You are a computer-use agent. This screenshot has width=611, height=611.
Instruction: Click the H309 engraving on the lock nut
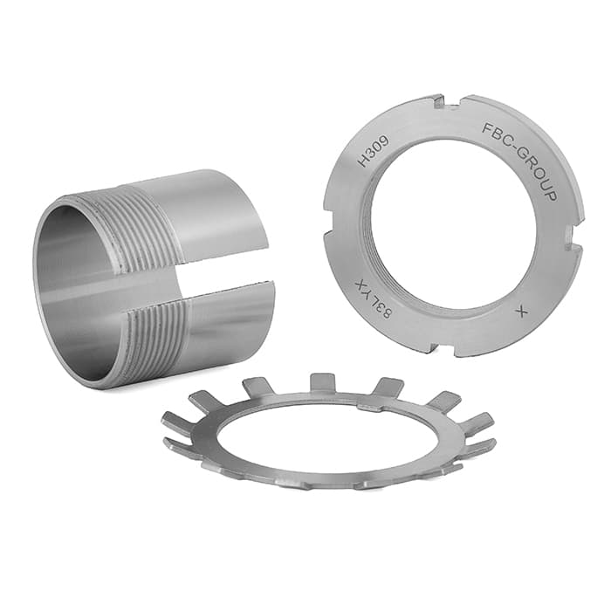tap(374, 151)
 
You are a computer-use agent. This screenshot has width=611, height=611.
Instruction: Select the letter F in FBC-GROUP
tap(487, 127)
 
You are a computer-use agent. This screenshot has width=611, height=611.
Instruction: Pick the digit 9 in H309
tap(384, 141)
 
